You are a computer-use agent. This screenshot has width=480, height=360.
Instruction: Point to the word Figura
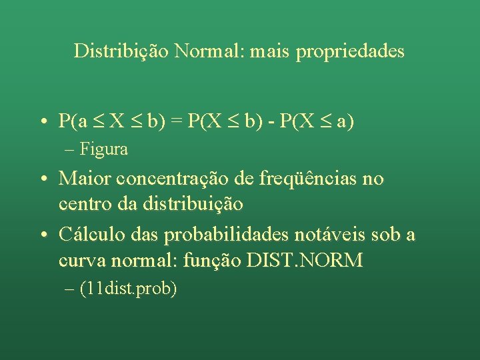[x=104, y=149]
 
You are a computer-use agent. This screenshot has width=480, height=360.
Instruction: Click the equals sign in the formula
[x=178, y=121]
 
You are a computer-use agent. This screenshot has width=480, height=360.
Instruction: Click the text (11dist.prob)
[x=128, y=290]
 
